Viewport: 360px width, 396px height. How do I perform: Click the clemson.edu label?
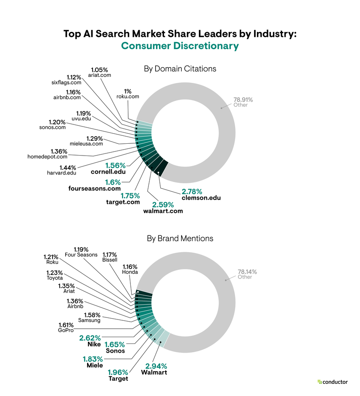point(201,198)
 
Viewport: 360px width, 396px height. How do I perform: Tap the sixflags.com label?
point(63,83)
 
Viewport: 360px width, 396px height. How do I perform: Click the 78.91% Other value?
point(243,100)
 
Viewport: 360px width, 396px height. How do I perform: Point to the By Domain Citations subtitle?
point(180,69)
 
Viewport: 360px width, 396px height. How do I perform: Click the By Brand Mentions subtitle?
point(180,238)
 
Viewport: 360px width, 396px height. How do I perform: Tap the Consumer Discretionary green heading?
point(180,46)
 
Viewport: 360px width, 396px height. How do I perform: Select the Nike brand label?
point(94,344)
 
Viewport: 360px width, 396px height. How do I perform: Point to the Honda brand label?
point(130,272)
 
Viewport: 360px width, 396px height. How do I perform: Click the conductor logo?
point(333,382)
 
